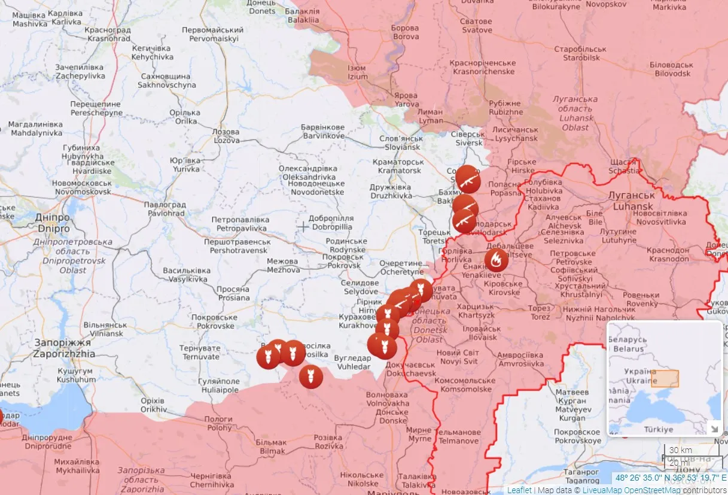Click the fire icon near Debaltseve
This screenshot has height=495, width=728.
496,260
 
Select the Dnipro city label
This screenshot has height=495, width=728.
54,223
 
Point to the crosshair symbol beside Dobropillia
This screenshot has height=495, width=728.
303,226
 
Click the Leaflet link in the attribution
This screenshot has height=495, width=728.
519,490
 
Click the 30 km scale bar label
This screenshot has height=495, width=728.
680,450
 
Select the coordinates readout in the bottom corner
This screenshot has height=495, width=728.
670,478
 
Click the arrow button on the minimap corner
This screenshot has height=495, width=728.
714,427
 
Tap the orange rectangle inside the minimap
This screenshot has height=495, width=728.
665,379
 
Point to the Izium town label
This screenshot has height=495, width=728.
357,72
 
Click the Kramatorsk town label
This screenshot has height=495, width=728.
398,166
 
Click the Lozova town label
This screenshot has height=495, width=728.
226,136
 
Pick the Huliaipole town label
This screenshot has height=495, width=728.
220,385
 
